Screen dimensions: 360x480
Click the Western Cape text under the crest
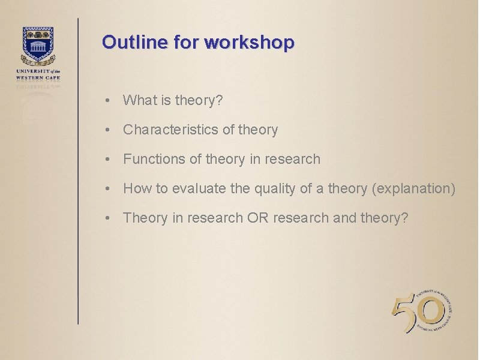(38, 77)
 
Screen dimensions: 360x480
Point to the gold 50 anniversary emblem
(420, 313)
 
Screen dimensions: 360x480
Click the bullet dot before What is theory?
(106, 101)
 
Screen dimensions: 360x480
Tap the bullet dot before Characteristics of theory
(106, 130)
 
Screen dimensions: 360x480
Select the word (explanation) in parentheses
(413, 189)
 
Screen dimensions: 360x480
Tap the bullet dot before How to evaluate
(106, 189)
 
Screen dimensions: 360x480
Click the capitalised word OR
(257, 218)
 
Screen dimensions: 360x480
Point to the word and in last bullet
(344, 218)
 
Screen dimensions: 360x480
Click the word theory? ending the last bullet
(385, 218)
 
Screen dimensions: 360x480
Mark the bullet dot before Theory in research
(106, 218)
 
